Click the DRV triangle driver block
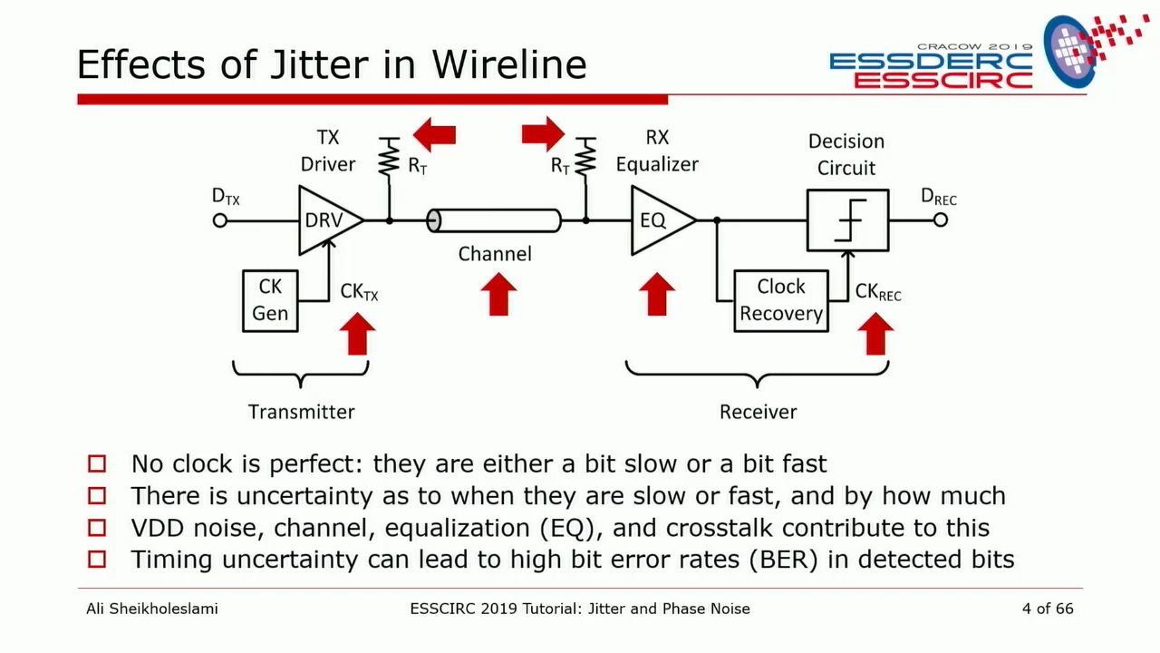point(324,220)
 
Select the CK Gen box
point(270,300)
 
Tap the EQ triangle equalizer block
point(657,220)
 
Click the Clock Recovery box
point(780,300)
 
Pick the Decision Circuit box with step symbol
point(847,220)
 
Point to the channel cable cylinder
point(494,220)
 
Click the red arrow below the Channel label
point(497,295)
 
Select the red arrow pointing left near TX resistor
point(434,136)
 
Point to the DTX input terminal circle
point(219,220)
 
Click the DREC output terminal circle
point(941,220)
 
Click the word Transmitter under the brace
point(302,412)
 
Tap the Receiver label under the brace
point(758,412)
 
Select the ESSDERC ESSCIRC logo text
point(931,70)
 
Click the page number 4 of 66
point(1047,609)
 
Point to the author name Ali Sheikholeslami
point(151,609)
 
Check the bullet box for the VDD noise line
point(97,528)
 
